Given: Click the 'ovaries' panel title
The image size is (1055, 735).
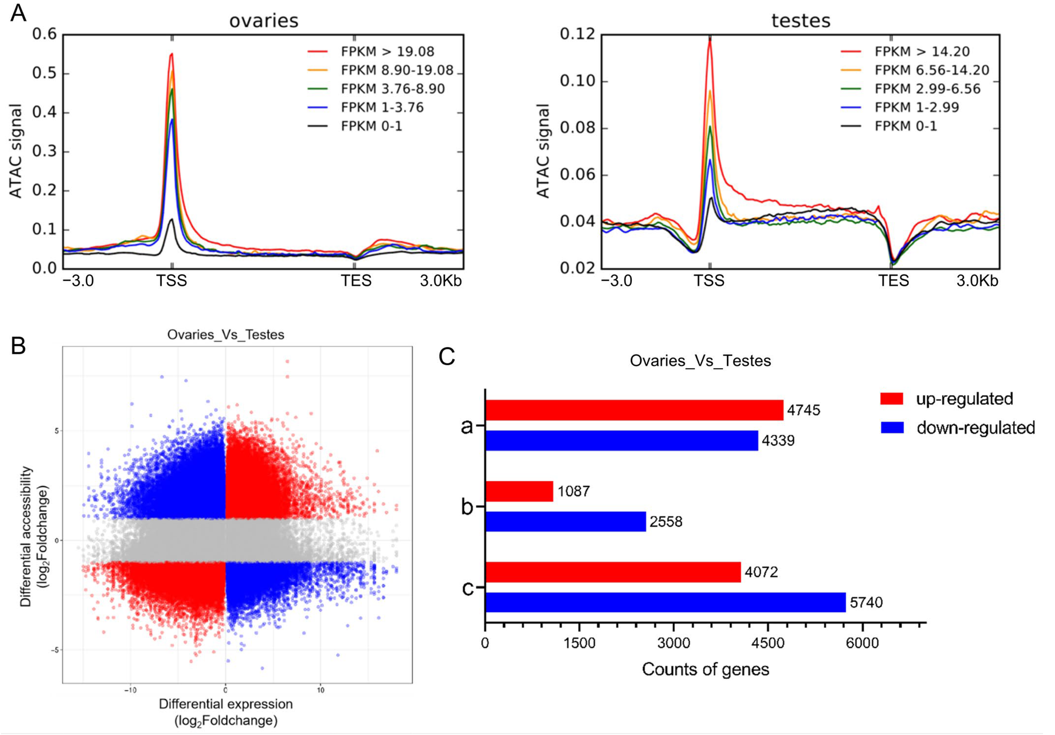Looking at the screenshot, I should pos(264,21).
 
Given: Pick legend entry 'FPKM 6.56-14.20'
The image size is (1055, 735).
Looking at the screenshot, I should pos(932,70).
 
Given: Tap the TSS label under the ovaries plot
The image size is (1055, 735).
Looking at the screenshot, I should pos(172,281).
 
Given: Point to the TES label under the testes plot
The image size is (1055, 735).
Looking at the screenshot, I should pos(893,281).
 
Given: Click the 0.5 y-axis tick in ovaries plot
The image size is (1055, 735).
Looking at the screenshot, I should pos(44,73).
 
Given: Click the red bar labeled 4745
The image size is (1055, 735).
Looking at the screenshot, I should pos(634,410).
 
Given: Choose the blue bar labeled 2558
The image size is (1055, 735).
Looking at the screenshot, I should pos(565,521).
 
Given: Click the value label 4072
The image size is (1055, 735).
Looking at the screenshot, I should pos(761,572).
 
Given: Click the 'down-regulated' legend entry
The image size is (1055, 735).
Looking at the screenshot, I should pos(975,428).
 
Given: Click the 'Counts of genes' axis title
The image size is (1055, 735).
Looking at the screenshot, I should pos(705,669).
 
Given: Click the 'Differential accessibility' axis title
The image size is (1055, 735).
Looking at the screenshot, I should pos(26,537).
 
